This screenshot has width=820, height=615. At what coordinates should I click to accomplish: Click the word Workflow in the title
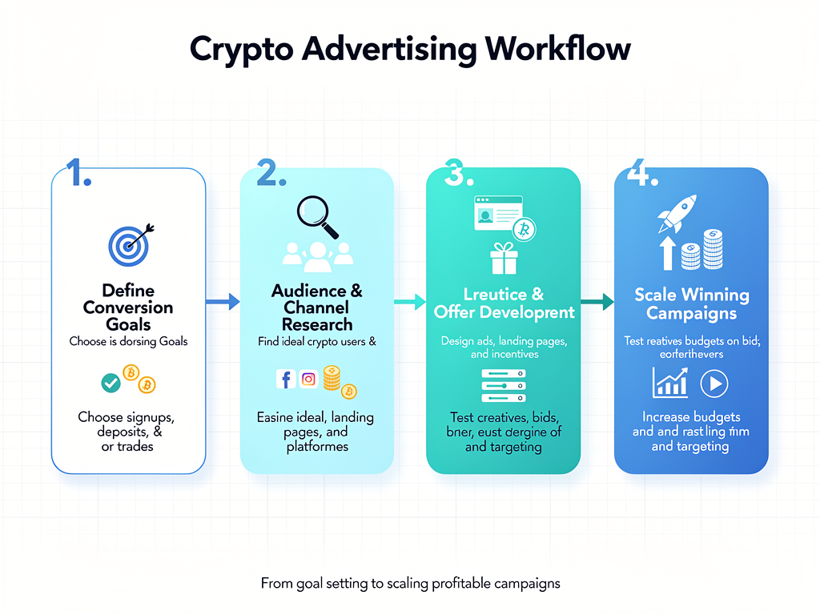pos(558,49)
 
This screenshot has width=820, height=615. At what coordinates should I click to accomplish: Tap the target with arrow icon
pos(128,243)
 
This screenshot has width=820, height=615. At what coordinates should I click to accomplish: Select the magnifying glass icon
pos(317,215)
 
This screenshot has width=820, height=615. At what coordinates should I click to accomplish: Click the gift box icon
pos(504,260)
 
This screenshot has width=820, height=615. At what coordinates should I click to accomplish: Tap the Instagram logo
pos(309,379)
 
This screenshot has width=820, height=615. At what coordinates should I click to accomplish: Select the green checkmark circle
pos(111,383)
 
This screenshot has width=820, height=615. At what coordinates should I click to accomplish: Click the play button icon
pos(713,384)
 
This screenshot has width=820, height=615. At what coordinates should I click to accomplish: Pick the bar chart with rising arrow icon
pos(671,383)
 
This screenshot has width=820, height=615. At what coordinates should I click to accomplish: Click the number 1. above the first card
pos(78,173)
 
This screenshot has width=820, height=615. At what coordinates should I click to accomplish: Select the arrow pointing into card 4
pos(596,302)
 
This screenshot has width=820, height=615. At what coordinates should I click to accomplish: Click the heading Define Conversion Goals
pos(128,307)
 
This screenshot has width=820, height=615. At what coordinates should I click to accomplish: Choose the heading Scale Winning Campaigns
pos(691,303)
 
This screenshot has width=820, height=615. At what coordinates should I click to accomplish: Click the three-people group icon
pos(317,253)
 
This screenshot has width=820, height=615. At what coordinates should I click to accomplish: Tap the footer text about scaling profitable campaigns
pos(410,584)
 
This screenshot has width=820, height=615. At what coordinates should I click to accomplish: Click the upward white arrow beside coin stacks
pos(666,251)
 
